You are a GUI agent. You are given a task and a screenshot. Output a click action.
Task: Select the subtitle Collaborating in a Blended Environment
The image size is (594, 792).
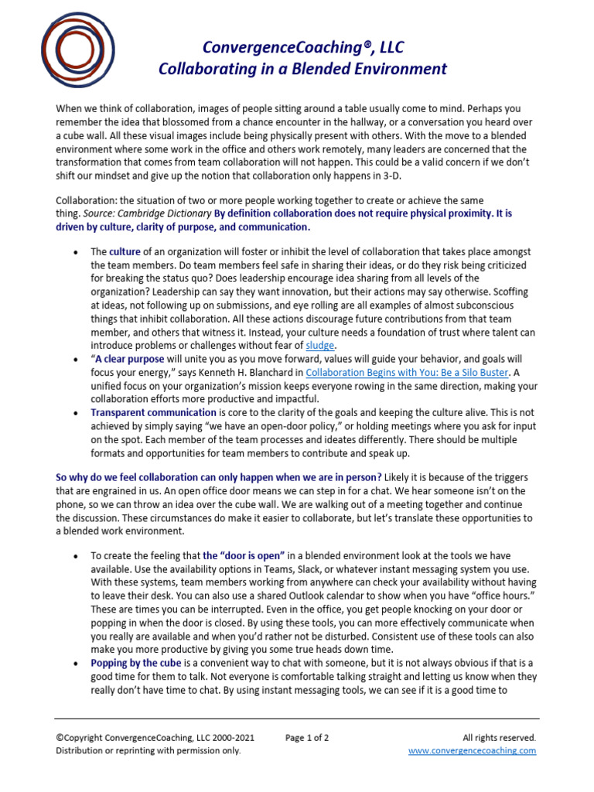[302, 69]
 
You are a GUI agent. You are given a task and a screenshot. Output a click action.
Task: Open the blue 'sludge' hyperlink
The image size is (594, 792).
[322, 345]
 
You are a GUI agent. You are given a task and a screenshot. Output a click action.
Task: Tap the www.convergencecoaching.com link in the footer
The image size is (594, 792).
[472, 750]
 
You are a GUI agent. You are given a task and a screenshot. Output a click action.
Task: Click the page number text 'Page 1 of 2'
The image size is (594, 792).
[307, 738]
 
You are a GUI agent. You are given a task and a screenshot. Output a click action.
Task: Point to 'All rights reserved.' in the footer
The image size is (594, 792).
[499, 738]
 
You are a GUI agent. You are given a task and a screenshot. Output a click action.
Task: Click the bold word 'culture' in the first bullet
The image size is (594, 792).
[125, 252]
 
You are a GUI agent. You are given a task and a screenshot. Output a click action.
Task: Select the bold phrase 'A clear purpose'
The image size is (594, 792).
[130, 359]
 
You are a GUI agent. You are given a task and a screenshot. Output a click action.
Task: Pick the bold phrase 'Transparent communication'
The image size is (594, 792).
[153, 413]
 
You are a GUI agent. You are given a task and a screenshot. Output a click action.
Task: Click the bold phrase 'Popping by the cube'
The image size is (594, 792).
[136, 664]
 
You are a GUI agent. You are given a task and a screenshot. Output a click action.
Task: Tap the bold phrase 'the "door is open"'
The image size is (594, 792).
[244, 556]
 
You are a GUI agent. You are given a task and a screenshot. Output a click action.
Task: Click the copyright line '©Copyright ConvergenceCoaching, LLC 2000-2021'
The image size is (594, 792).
[155, 738]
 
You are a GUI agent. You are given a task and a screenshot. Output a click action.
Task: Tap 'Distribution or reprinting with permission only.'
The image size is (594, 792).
[148, 750]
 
